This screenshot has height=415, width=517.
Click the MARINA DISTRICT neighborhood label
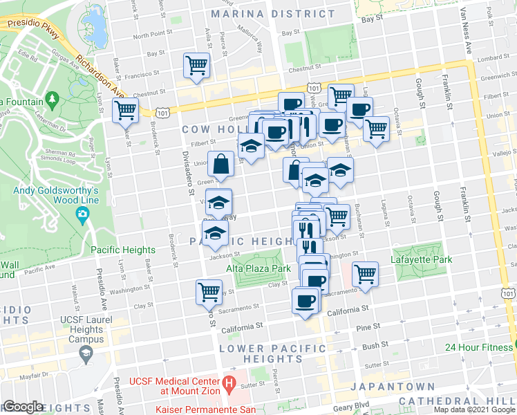(x=263, y=14)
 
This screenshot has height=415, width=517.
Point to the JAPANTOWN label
(x=393, y=387)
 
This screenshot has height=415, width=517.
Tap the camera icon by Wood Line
(x=84, y=214)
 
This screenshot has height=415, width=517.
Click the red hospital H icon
(x=229, y=382)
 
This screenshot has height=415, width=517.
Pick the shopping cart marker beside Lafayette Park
(x=365, y=274)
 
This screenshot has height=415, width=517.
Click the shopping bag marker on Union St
(x=220, y=165)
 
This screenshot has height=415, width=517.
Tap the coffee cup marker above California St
(x=305, y=301)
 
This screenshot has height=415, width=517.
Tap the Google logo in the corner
(x=23, y=407)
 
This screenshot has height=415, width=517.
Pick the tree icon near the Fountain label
(x=53, y=102)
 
